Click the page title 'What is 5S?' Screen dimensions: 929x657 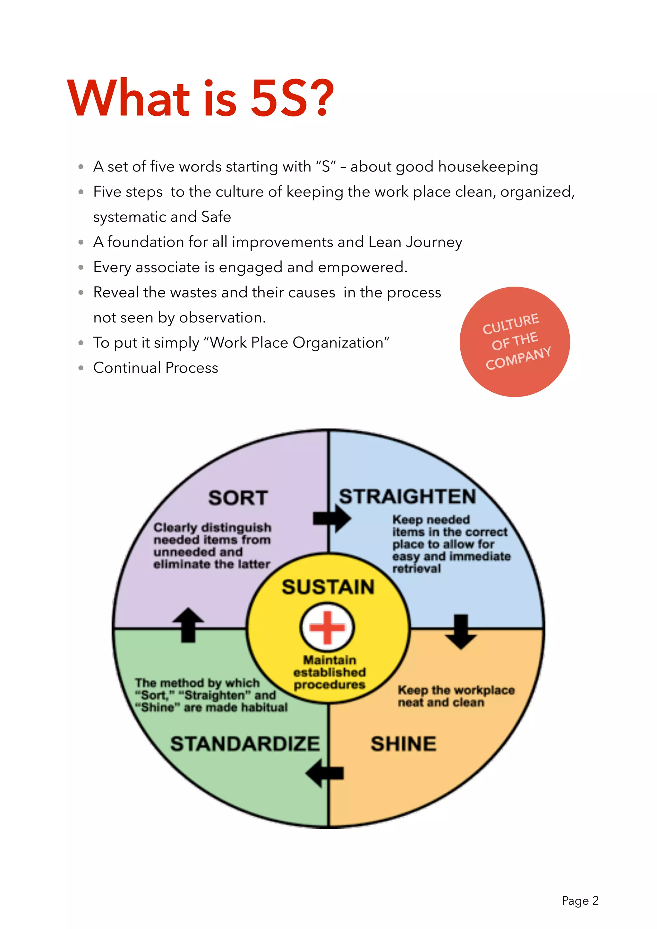tap(201, 98)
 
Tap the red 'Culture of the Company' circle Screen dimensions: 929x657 tap(515, 342)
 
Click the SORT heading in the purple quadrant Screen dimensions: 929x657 tap(238, 498)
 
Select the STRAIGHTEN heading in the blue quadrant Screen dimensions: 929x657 tap(407, 497)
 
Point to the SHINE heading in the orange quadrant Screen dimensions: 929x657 tap(404, 744)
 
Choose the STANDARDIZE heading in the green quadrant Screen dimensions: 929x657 tap(245, 744)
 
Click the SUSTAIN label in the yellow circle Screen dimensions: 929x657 tap(328, 587)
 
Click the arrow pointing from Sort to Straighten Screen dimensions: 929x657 tap(331, 518)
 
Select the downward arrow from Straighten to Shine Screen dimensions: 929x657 tap(461, 632)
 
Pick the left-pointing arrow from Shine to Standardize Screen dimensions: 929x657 tap(325, 773)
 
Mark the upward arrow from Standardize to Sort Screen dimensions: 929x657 tap(188, 625)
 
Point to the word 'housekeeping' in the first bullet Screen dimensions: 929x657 tap(488, 167)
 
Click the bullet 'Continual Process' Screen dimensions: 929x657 tap(156, 368)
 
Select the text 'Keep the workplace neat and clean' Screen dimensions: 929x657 tap(456, 696)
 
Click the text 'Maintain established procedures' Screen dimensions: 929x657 tap(329, 672)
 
